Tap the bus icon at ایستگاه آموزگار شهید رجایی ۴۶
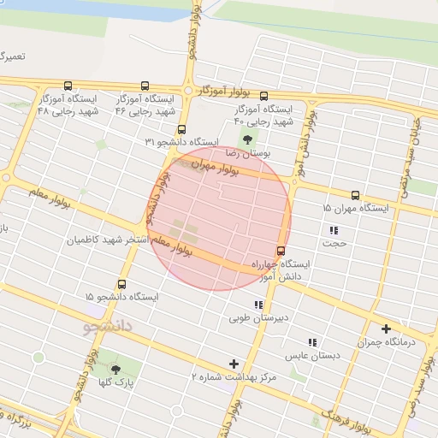144,86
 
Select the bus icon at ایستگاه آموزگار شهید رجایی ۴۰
263,97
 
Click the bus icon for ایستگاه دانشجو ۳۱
163,141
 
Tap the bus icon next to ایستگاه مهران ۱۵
355,195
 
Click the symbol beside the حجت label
334,230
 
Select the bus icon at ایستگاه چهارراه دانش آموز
281,251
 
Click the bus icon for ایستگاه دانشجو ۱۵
121,283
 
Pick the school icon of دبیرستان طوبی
257,305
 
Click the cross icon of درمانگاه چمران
386,329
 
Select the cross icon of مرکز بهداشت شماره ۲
234,364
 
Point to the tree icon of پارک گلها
115,370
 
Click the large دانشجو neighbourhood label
115,327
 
